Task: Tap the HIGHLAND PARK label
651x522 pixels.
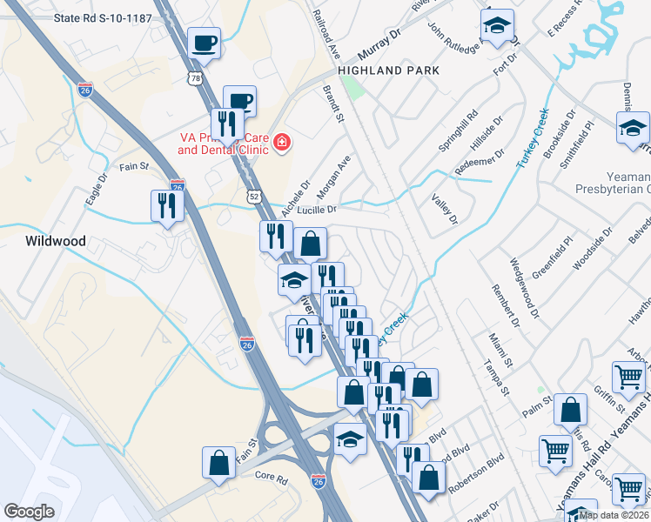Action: [388, 70]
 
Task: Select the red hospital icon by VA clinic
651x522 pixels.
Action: [282, 142]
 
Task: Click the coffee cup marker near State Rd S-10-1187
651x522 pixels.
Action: [204, 43]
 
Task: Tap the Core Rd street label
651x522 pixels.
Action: [271, 476]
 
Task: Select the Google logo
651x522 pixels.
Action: [30, 511]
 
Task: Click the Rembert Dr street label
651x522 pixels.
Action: [505, 305]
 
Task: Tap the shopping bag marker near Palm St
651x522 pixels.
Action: [570, 411]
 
